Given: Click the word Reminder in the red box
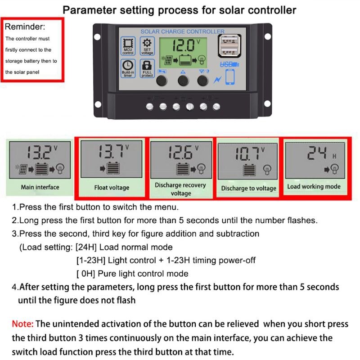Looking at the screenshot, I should pos(25,27).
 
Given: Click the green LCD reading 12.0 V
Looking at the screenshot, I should pos(183,45).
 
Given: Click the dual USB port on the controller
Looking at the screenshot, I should pos(229,47).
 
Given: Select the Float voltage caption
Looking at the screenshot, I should pos(112,188).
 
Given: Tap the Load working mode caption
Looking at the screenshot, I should pos(314,186).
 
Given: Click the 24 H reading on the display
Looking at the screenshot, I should pos(317,153).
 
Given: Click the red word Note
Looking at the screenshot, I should pos(22,324).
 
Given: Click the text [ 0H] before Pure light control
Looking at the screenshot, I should pos(85,274).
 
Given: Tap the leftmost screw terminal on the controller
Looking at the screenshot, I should pos(150,107).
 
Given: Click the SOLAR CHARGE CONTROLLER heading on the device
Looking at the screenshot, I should pos(182,31).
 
